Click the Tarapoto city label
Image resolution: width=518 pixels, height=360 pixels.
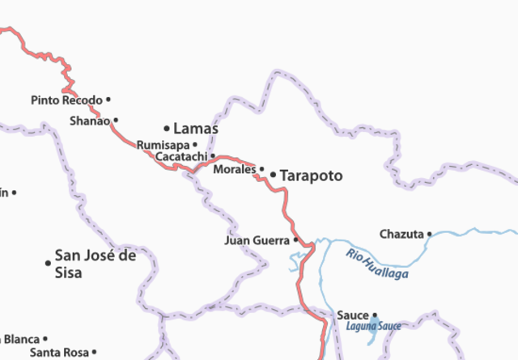312,176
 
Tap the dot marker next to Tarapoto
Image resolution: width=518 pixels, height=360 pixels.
273,175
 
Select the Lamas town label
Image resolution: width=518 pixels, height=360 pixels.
196,128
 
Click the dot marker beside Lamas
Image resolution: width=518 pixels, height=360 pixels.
167,128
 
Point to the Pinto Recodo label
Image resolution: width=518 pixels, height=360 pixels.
67,100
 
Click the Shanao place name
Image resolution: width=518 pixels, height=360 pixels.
89,121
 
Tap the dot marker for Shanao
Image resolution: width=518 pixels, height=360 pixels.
116,121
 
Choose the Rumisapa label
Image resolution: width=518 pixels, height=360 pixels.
163,144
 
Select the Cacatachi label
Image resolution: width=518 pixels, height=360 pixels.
181,155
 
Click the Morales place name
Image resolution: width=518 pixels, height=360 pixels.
234,169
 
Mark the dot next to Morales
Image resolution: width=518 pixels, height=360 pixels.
261,169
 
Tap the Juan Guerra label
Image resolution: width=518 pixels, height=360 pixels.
257,240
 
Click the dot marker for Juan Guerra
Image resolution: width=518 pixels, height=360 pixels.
295,240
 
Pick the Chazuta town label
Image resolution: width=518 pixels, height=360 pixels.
401,235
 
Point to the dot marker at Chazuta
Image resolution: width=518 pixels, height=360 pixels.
430,235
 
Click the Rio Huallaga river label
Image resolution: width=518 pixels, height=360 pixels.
377,264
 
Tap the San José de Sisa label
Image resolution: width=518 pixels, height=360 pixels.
95,263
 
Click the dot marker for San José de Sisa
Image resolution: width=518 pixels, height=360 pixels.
48,262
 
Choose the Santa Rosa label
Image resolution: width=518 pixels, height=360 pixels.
59,353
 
